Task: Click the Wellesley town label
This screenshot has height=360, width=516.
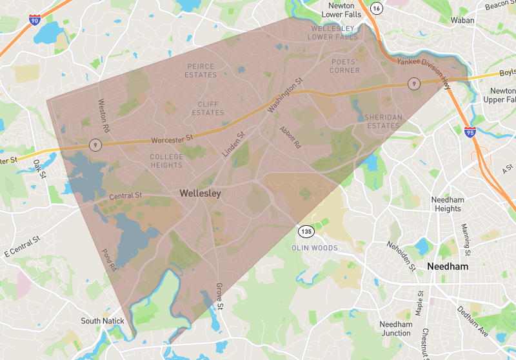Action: tap(200, 193)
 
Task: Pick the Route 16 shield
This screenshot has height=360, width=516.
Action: tap(377, 8)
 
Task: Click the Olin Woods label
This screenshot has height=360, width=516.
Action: tap(314, 248)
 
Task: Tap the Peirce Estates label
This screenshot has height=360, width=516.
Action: tap(201, 70)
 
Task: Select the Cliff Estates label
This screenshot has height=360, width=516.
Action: tap(207, 108)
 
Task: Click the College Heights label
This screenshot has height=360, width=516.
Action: tap(166, 161)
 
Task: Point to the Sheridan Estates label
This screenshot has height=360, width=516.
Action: tap(382, 121)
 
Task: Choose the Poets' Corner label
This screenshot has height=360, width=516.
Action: tap(344, 66)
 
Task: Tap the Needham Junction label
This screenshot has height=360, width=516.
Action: tap(395, 328)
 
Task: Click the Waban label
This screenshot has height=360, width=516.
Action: tap(462, 20)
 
